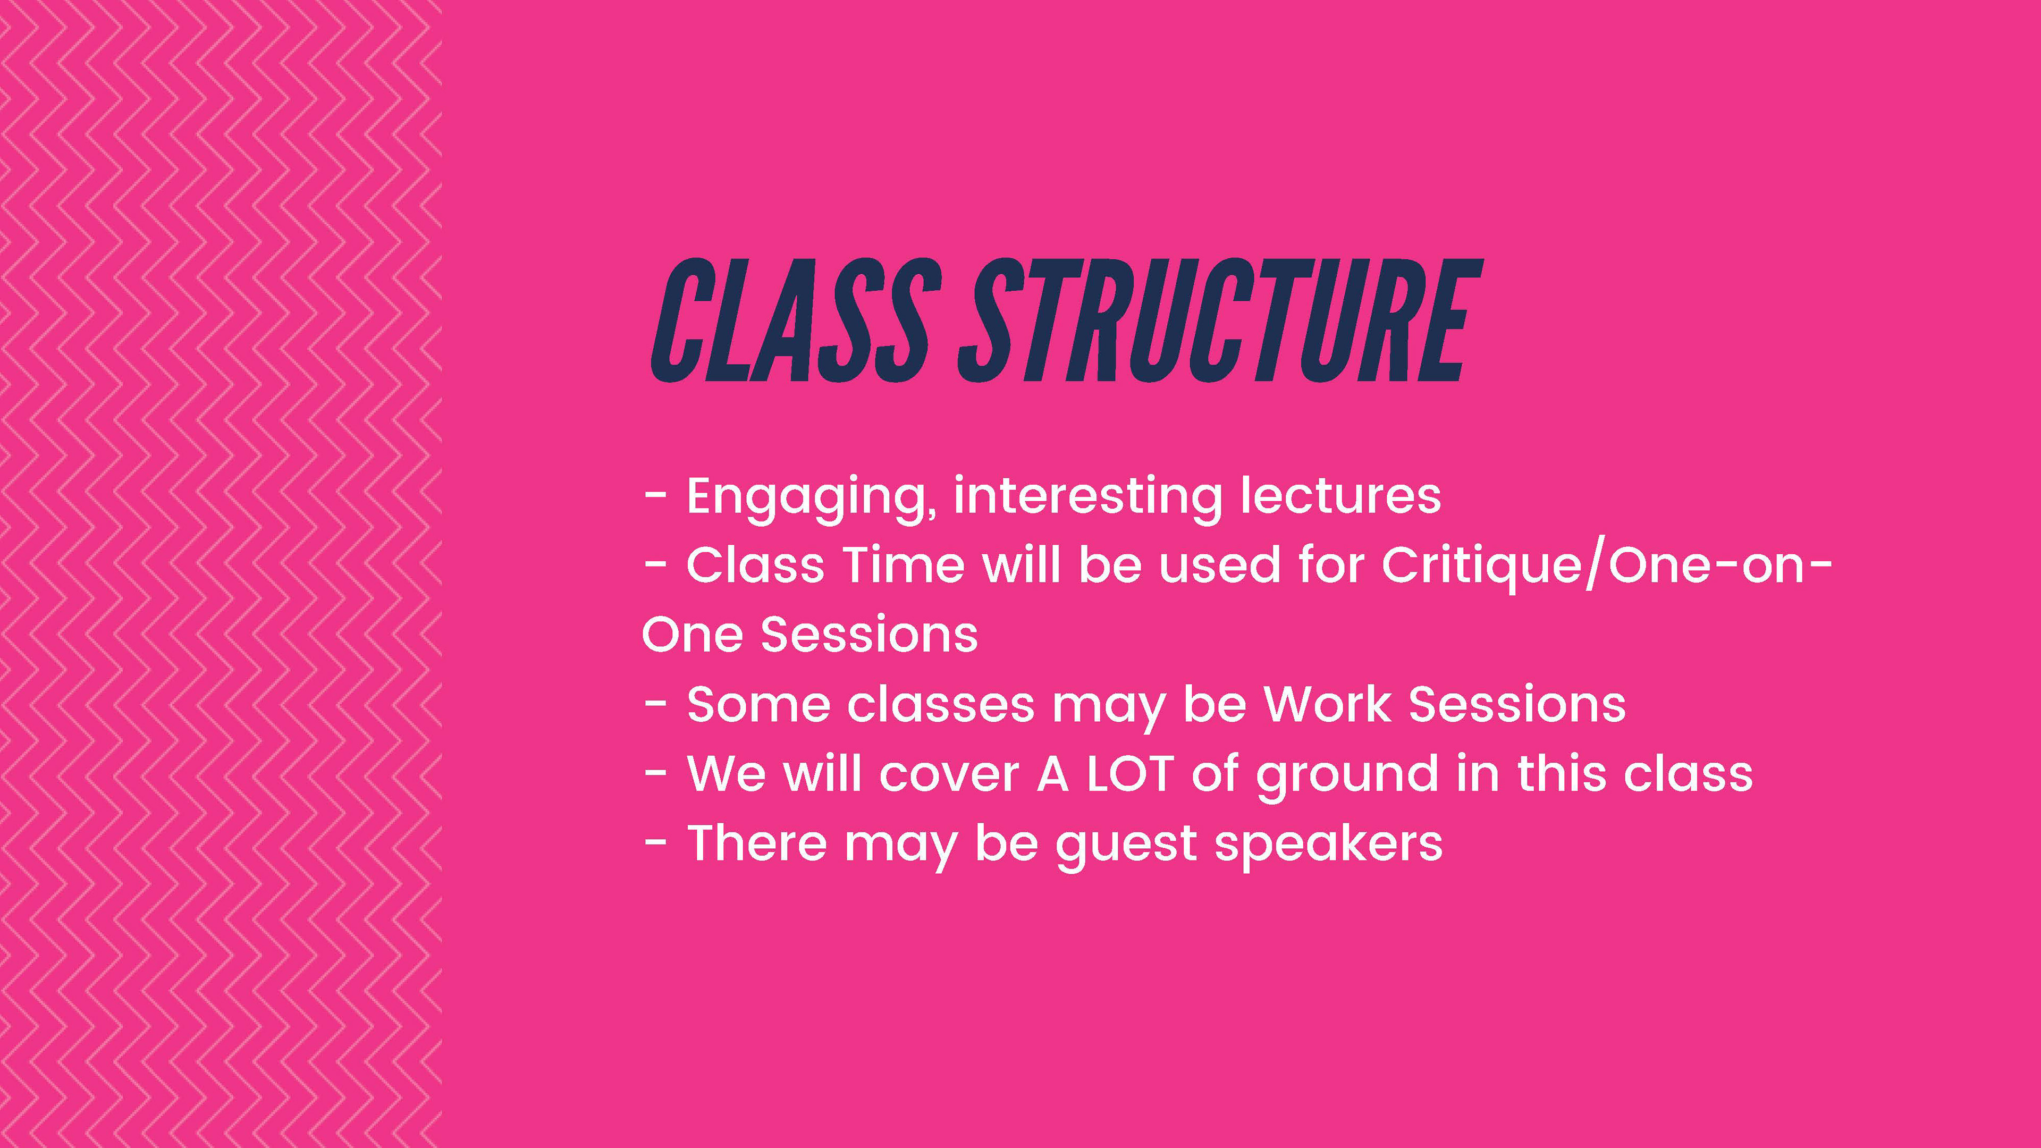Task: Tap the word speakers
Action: click(1329, 845)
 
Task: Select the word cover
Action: click(949, 775)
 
